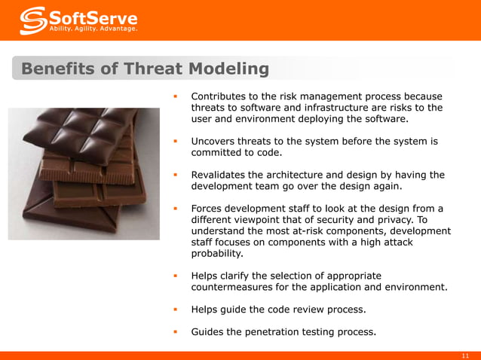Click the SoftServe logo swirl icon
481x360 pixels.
(x=32, y=20)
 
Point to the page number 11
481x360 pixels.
(x=465, y=355)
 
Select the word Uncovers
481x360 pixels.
(x=215, y=141)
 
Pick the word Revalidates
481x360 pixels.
(x=221, y=175)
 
